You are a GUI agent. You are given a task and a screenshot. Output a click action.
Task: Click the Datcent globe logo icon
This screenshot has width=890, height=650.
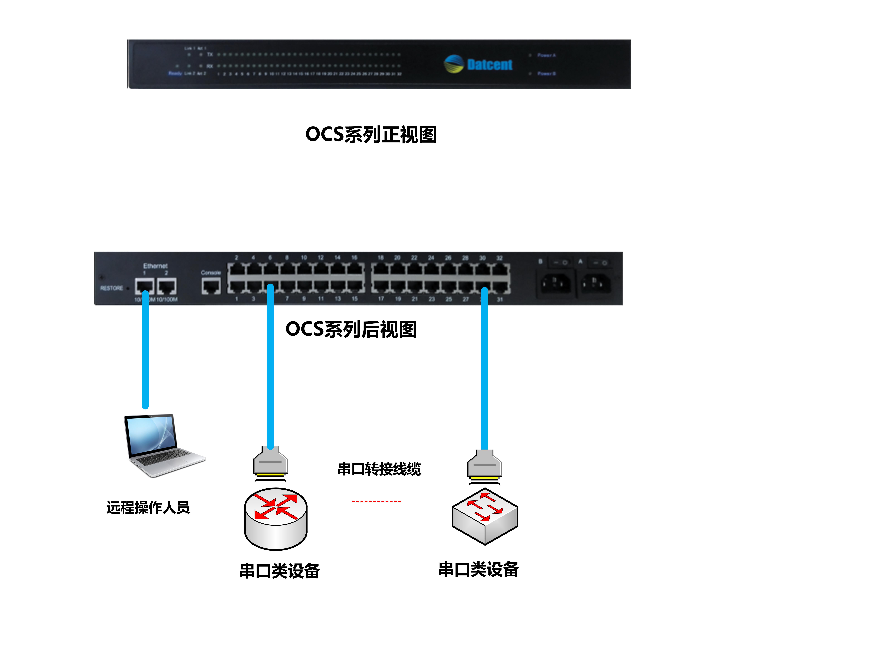point(454,64)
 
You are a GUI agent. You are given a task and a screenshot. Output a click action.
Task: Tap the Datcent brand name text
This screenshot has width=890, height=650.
point(490,64)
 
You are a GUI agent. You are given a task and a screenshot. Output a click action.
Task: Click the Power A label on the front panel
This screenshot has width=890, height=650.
point(546,55)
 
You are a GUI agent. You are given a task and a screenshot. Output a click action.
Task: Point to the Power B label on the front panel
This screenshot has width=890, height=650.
point(546,74)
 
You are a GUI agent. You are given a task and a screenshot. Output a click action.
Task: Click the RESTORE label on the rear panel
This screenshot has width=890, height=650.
point(112,288)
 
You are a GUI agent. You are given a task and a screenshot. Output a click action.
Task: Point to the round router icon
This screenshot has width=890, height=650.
point(276,519)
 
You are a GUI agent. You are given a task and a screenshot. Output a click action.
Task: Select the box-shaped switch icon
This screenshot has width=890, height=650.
point(485,517)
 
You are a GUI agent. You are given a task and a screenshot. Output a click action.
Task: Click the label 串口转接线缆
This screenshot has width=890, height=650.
point(379,469)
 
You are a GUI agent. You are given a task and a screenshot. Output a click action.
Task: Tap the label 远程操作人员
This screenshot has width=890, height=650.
point(148,508)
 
